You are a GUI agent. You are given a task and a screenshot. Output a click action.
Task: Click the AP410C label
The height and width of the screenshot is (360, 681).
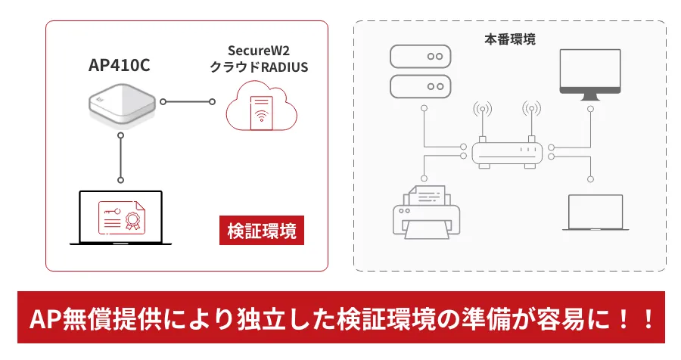(120, 66)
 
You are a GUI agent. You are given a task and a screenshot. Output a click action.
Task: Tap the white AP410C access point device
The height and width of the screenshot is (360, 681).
(121, 105)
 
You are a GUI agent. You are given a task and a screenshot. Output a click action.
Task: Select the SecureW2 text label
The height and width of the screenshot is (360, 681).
(258, 51)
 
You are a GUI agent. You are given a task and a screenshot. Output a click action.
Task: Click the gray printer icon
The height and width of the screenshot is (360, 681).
(423, 210)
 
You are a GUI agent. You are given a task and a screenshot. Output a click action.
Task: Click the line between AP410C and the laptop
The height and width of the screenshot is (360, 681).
(120, 157)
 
